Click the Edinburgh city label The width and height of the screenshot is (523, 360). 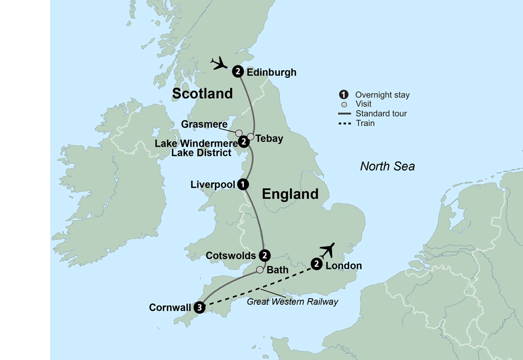tap(271, 72)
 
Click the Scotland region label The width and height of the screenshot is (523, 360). tap(202, 94)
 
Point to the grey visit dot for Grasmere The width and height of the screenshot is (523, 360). tap(239, 133)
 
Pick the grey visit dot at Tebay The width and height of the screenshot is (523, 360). tap(251, 137)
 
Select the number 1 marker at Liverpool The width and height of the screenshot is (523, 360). tap(242, 184)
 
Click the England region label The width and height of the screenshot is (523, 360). tap(290, 194)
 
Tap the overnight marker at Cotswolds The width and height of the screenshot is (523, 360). tap(265, 255)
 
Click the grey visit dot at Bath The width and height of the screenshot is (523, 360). tap(259, 271)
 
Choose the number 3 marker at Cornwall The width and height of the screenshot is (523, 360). tap(199, 308)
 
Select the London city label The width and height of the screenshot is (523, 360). tap(343, 266)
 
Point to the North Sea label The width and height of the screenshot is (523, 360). tap(387, 166)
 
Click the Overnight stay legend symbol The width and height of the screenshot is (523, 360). tap(344, 95)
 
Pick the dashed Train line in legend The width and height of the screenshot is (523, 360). tap(344, 123)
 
